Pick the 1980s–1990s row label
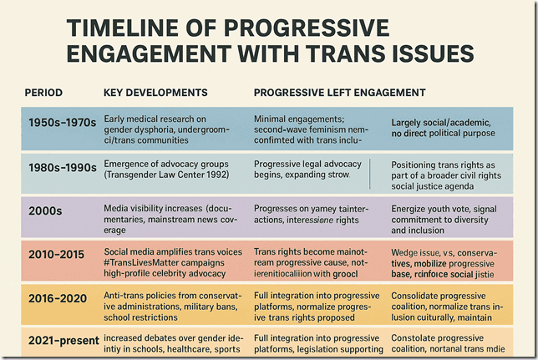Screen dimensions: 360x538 62,169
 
